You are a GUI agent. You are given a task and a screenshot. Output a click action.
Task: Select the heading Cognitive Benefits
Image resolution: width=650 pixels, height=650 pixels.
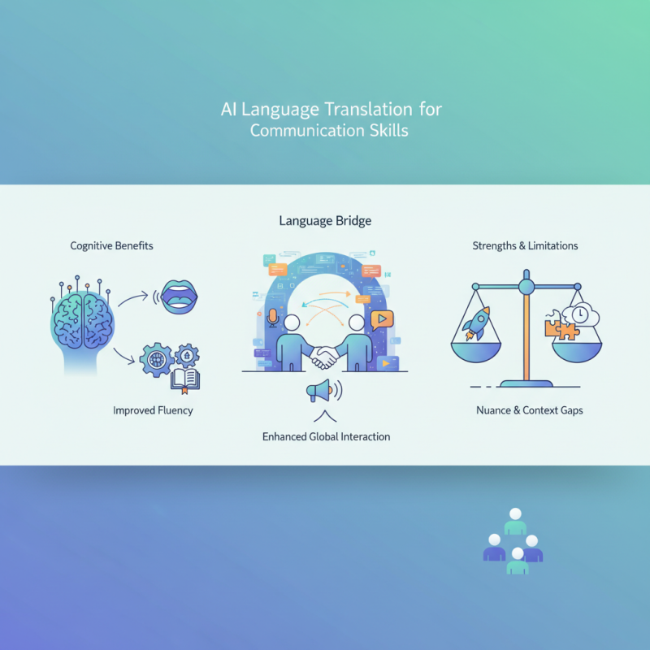[111, 245]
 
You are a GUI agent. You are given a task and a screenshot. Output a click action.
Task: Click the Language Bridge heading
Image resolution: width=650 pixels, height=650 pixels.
[325, 220]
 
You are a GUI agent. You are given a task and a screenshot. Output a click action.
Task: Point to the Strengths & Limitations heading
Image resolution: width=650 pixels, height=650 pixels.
[525, 245]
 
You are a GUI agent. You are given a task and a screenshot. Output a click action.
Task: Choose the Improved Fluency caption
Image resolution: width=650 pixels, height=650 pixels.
[153, 410]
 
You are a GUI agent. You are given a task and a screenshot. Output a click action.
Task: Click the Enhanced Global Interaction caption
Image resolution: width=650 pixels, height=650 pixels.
[326, 436]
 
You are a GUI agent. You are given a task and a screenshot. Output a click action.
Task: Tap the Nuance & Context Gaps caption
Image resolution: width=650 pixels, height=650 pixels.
[529, 410]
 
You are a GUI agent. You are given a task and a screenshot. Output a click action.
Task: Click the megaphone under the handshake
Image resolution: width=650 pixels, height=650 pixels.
[320, 391]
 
